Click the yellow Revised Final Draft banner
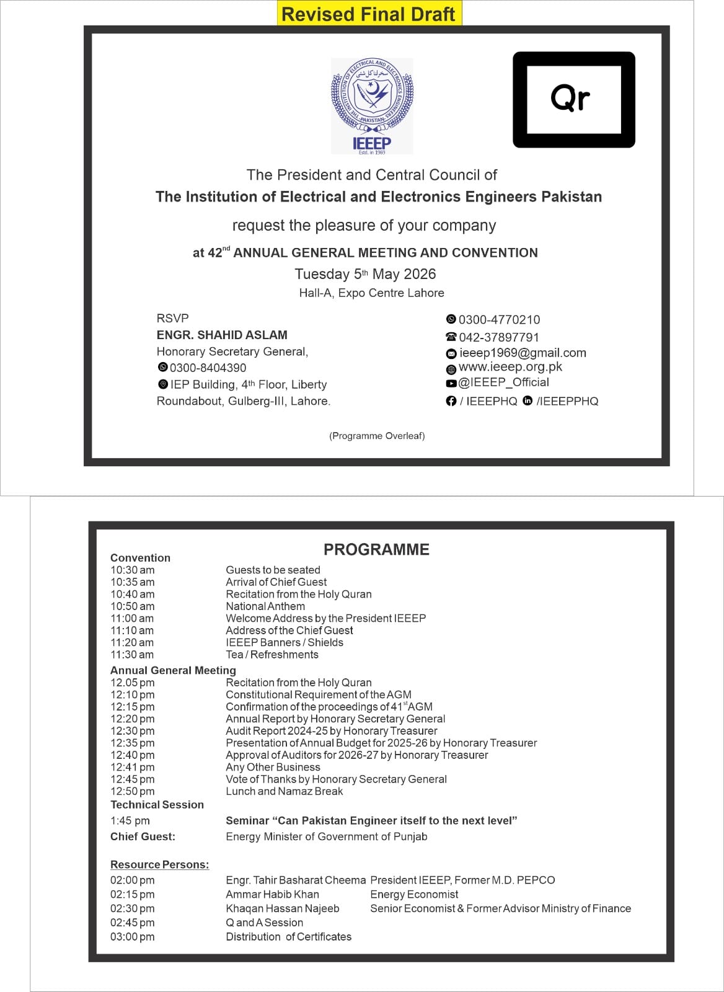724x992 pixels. click(x=369, y=14)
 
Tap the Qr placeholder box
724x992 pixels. click(x=573, y=99)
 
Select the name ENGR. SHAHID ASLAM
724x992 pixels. click(x=222, y=335)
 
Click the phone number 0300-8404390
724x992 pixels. click(x=208, y=368)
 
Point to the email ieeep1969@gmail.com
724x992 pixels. click(x=523, y=353)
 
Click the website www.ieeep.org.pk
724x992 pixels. click(x=510, y=366)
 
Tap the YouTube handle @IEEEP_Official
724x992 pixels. click(x=503, y=382)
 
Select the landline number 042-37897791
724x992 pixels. click(x=499, y=337)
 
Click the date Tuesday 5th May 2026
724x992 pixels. click(x=365, y=274)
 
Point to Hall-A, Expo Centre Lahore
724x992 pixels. click(x=371, y=293)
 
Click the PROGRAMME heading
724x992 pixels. click(x=376, y=549)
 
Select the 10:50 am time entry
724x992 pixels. click(x=133, y=606)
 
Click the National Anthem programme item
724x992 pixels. click(x=265, y=606)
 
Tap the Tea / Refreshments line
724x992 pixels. click(x=272, y=655)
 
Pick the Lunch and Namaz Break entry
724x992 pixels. click(x=284, y=791)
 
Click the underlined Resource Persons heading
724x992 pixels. click(x=159, y=865)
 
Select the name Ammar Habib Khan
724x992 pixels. click(x=272, y=894)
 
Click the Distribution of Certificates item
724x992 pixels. click(x=288, y=937)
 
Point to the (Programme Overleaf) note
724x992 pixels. click(x=377, y=436)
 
